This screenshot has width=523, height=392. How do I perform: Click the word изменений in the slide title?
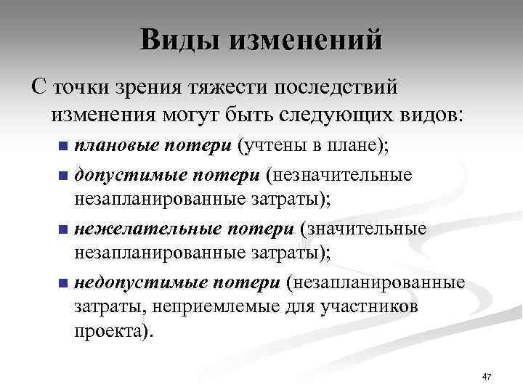tap(305, 40)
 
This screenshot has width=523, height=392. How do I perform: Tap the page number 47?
tap(487, 376)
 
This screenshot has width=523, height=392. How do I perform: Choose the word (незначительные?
tap(338, 175)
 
